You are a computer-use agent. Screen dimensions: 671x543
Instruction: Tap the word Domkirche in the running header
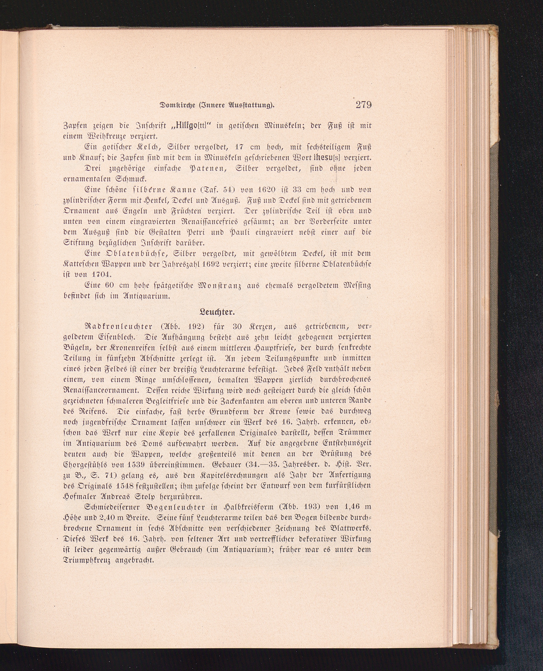tap(178, 105)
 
